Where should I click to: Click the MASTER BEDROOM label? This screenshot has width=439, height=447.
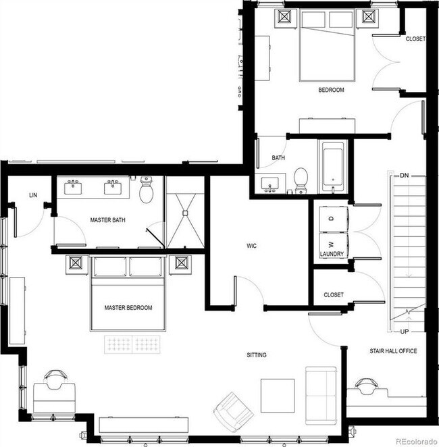click(x=128, y=308)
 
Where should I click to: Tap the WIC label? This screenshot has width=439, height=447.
click(x=253, y=246)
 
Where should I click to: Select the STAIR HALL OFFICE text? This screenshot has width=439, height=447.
click(x=392, y=351)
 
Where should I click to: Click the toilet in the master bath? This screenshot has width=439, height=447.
click(x=147, y=191)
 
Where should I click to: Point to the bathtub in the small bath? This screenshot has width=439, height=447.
click(x=334, y=167)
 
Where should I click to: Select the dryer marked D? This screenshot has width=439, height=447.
click(x=332, y=219)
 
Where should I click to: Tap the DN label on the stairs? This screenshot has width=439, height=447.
click(x=404, y=176)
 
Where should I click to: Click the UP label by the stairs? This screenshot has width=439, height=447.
click(x=404, y=332)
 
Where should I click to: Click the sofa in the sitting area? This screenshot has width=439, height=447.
click(x=320, y=392)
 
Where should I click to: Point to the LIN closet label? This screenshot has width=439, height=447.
click(x=33, y=195)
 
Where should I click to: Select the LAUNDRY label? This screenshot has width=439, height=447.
click(x=332, y=255)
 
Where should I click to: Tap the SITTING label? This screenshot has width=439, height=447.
click(x=256, y=355)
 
